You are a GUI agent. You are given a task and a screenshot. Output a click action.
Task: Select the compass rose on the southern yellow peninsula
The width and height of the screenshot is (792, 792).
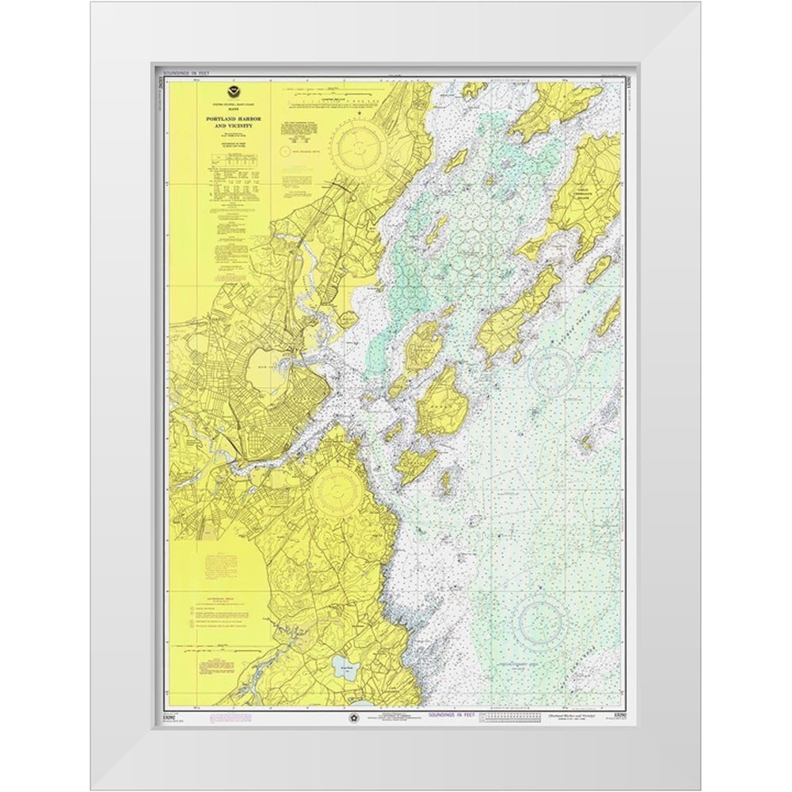pyautogui.click(x=338, y=491)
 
